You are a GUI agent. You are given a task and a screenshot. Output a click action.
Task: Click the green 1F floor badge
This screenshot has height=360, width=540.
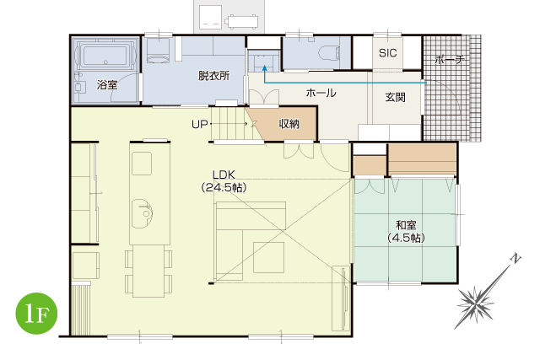point(36,314)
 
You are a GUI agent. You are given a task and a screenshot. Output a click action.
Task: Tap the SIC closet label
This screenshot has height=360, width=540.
point(388,53)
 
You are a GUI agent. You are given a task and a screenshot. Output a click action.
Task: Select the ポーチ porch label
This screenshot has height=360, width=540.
point(450,60)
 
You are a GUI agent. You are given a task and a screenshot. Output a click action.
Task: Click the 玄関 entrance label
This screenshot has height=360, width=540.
point(396,98)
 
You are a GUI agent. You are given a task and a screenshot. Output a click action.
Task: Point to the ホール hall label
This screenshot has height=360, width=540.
point(321,93)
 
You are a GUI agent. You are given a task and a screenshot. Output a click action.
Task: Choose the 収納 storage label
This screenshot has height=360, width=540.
point(289,124)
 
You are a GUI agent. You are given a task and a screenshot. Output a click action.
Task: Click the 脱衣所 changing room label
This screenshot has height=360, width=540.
point(213,76)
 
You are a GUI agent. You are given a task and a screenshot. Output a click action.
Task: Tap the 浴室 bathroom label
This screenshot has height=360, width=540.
point(107,84)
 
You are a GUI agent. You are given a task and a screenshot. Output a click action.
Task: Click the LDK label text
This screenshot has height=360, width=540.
point(224,175)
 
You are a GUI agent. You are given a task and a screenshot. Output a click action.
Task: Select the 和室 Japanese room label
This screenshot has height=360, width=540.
point(407,225)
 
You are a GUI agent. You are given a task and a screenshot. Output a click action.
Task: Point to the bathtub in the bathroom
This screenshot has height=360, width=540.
point(105,54)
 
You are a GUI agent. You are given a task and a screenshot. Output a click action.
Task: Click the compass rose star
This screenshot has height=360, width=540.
point(475,304)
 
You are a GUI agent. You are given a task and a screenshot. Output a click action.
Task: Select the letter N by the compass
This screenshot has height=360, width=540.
point(516,258)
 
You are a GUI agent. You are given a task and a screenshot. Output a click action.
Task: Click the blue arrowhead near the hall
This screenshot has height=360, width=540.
point(264,68)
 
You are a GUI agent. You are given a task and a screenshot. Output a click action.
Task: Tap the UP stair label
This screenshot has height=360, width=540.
point(200,124)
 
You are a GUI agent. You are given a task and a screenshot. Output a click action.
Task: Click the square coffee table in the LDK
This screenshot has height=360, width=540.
point(268,257)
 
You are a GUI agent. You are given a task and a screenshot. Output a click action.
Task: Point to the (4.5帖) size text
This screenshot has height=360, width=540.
point(407,238)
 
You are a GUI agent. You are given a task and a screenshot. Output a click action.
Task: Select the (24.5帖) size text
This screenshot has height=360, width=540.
point(224,188)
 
